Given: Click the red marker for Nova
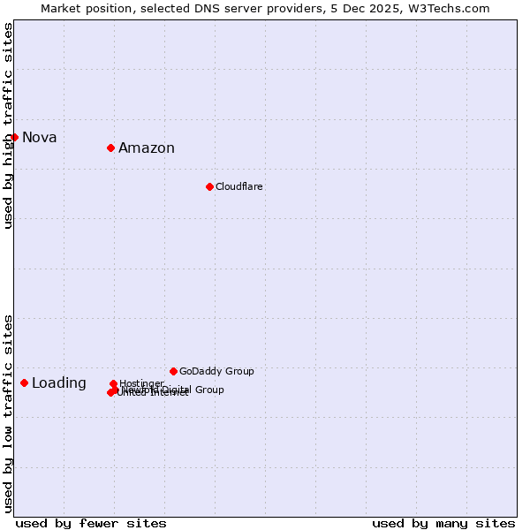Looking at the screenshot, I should [x=14, y=137].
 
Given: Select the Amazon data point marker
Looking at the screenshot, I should [x=110, y=148].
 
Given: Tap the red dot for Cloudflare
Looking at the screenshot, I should [x=209, y=186].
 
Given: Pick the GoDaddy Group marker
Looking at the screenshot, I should [x=173, y=371].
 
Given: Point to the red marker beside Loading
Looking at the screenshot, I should [x=24, y=382].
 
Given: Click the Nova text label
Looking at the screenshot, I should [x=40, y=137].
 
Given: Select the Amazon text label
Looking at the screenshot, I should [x=147, y=148].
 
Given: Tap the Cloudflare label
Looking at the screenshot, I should [x=239, y=186].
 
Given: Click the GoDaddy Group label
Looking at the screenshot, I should [x=216, y=371].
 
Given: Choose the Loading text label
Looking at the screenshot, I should [x=59, y=383].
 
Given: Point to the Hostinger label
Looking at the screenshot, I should [x=141, y=383].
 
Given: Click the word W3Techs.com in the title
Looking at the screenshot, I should [x=453, y=8].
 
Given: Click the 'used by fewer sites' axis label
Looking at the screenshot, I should [x=91, y=523].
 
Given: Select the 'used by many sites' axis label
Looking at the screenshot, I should [x=443, y=523].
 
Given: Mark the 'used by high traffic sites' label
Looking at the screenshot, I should [x=8, y=125].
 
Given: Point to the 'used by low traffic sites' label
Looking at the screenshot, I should [x=8, y=413].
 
